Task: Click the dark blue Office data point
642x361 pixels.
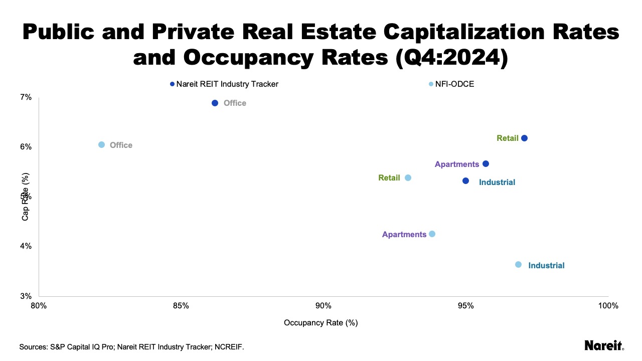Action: coord(215,103)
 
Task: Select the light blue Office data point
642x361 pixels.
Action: coord(101,144)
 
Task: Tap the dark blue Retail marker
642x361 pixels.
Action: coord(524,138)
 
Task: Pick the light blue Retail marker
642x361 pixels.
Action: coord(408,177)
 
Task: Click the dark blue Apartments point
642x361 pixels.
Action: coord(486,164)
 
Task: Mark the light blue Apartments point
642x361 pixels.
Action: coord(432,234)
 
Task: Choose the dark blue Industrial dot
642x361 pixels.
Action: coord(465,180)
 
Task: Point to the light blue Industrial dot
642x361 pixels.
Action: coord(518,264)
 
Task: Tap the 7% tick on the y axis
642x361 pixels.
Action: coord(26,97)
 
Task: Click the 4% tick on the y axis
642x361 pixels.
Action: coord(26,246)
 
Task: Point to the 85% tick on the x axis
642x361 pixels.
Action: coord(181,306)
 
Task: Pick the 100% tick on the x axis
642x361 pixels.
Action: coord(608,306)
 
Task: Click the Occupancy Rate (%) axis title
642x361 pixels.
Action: coord(320,323)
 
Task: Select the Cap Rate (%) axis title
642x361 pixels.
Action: coord(25,197)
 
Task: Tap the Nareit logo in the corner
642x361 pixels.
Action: coord(604,345)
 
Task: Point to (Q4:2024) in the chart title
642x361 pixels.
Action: coord(451,57)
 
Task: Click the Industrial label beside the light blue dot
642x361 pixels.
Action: coord(546,266)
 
